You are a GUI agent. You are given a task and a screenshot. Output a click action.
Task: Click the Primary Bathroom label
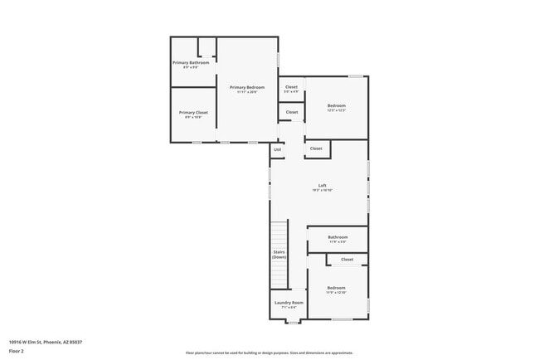point(191,62)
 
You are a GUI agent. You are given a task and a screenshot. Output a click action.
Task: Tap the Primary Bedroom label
point(247,87)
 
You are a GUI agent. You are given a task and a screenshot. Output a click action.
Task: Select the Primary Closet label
point(193,112)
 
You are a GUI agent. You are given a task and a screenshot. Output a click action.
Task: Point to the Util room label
point(277,149)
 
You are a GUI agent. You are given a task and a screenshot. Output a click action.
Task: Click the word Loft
point(322,185)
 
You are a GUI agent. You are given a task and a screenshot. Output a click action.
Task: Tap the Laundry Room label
point(288,303)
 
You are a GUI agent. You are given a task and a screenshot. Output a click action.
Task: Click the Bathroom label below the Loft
point(337,237)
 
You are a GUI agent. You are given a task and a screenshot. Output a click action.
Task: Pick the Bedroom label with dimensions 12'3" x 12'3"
point(336,105)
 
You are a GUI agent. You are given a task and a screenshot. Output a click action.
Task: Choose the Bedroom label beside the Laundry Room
point(336,288)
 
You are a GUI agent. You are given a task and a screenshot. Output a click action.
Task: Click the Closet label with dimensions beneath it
point(291,87)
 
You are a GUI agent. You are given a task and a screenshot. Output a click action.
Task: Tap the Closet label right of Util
point(316,148)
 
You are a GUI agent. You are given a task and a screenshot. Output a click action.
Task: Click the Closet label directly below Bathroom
point(347,260)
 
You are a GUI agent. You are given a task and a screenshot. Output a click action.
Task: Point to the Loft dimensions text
point(322,191)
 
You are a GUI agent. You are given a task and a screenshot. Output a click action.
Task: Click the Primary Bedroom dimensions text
point(247,92)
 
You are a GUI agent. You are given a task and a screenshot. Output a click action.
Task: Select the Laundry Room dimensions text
point(288,308)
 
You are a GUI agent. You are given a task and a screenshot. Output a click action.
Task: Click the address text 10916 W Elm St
point(46,342)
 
